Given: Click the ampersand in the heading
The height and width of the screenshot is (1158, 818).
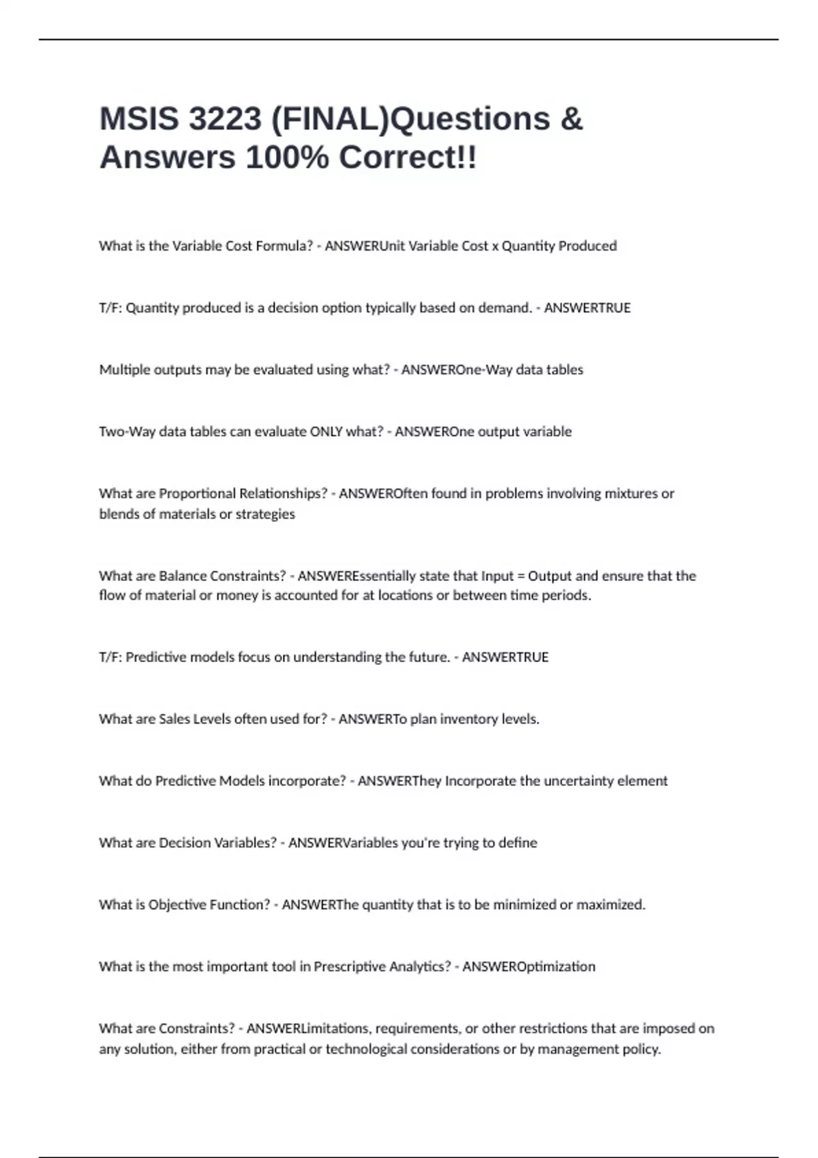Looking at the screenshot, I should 572,119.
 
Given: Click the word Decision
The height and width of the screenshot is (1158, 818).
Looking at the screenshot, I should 184,843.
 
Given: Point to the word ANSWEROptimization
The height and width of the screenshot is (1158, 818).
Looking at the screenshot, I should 528,967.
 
